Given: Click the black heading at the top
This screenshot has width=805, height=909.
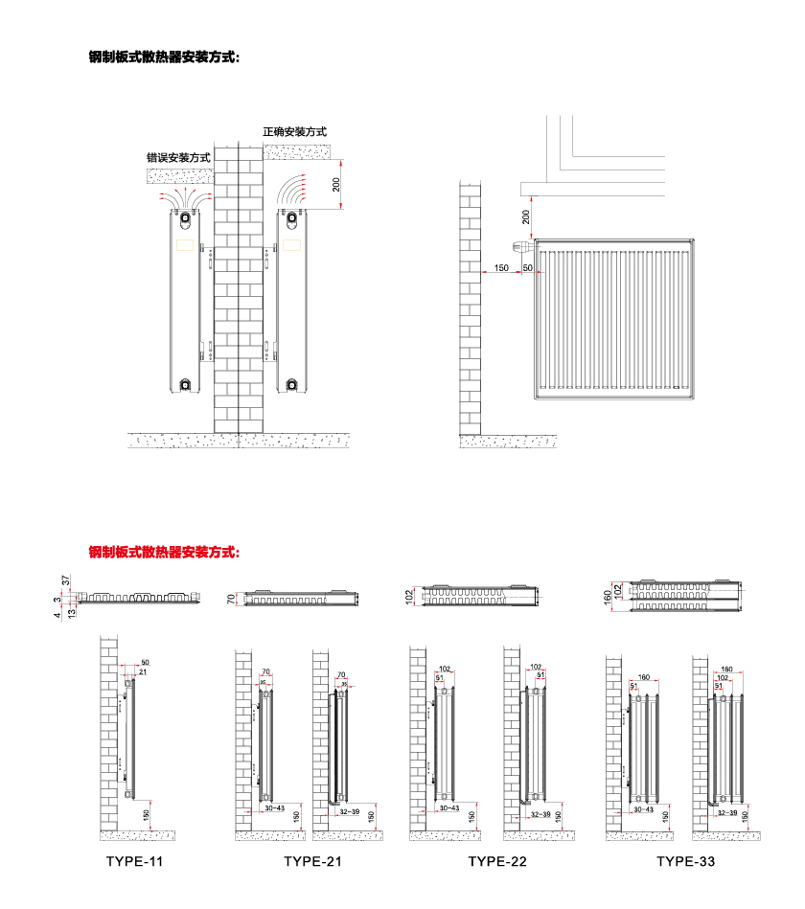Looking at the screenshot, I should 164,57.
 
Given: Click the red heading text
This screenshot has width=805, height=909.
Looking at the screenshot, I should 164,552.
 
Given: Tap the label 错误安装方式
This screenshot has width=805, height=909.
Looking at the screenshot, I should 178,157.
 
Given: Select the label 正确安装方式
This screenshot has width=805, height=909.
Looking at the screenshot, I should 295,132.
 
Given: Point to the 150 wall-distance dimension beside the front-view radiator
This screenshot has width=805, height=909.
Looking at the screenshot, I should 501,267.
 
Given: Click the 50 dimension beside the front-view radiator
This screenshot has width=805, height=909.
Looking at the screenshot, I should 527,267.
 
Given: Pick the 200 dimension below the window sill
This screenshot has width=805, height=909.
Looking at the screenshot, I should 526,216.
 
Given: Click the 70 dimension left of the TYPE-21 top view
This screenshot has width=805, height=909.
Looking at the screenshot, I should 231,600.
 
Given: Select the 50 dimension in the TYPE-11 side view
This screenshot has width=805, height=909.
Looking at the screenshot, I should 146,663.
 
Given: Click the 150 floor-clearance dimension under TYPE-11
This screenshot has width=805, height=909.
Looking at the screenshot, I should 146,815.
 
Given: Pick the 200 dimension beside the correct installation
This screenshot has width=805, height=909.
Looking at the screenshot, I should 336,183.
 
